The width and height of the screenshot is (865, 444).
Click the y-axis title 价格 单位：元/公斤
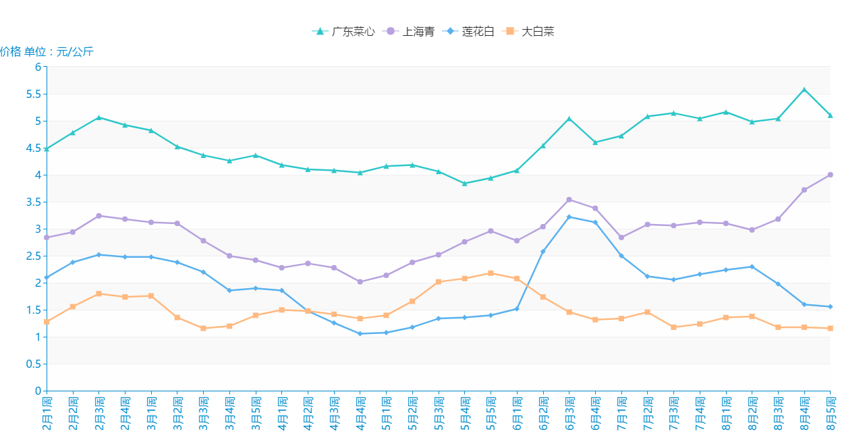[x=47, y=52]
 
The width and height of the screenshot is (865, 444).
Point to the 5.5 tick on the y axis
[x=33, y=94]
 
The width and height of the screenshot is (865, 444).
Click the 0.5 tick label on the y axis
[x=33, y=364]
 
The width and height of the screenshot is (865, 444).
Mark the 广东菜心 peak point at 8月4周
[x=804, y=89]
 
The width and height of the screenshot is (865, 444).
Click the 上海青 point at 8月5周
[x=831, y=175]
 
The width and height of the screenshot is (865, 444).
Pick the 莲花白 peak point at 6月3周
[x=569, y=217]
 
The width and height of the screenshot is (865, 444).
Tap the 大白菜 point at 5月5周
[x=491, y=273]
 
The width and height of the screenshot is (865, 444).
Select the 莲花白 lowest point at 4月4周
[x=360, y=333]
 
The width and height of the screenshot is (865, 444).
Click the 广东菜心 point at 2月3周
[x=99, y=117]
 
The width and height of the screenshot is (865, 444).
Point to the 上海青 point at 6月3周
[x=569, y=200]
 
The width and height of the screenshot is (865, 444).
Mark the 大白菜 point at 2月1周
[x=47, y=322]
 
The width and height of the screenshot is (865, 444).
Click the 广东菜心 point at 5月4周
[x=465, y=184]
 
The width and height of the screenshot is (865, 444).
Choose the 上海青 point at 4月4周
[x=360, y=281]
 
